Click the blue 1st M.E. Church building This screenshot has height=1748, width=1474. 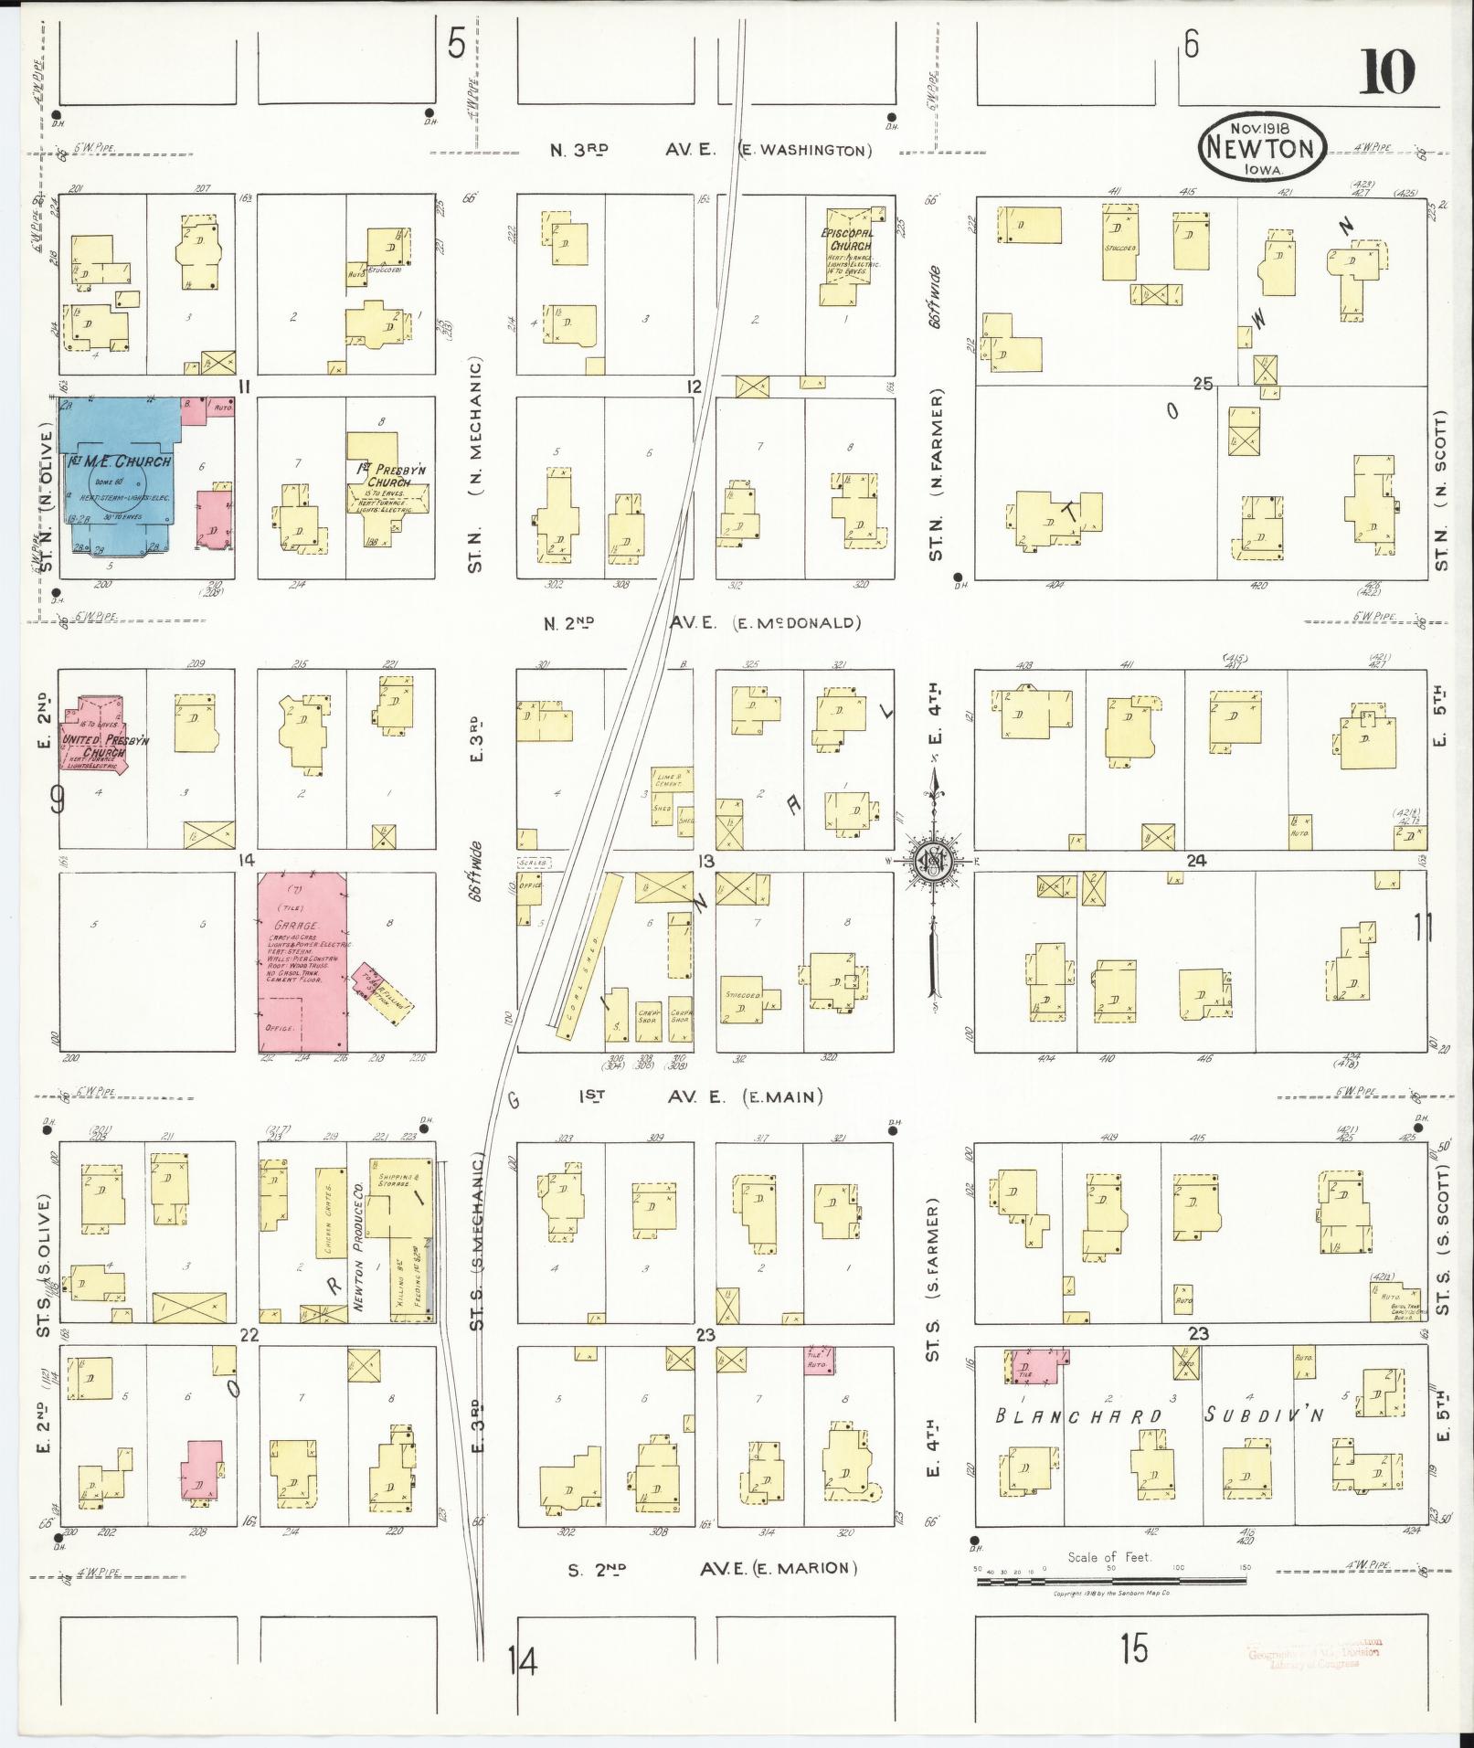point(119,475)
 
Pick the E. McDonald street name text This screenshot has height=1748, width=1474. point(798,623)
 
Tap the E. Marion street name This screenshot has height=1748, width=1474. point(804,1569)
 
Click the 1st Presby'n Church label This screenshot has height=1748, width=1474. point(389,475)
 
